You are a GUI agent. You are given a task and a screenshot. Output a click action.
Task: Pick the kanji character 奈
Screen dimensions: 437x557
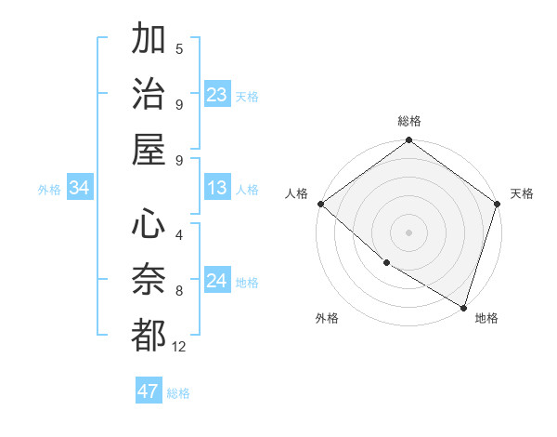click(x=149, y=278)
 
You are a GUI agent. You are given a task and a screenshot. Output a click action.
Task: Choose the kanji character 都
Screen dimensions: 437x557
click(x=149, y=334)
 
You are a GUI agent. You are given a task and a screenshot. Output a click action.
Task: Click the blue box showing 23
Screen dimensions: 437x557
click(x=217, y=95)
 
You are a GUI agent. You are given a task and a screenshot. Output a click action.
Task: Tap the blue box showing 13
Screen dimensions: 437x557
click(x=217, y=189)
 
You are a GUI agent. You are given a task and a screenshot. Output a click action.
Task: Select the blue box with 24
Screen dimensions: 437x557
click(x=217, y=281)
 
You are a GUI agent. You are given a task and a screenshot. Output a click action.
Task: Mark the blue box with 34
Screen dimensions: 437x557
click(x=80, y=189)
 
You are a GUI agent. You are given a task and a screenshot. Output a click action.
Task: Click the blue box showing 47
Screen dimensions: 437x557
click(x=149, y=391)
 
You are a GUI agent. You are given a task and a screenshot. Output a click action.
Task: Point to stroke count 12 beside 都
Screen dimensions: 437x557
click(x=179, y=347)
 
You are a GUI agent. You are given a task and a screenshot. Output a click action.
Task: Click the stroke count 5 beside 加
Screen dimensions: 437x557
click(x=179, y=48)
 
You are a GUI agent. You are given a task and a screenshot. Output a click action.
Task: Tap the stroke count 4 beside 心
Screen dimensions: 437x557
click(x=179, y=234)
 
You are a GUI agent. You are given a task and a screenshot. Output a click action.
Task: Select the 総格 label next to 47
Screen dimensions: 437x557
click(x=178, y=393)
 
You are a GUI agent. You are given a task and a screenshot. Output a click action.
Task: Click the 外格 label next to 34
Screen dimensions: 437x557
click(x=49, y=190)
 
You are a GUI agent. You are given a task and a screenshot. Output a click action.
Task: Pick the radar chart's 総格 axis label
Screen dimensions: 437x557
click(x=409, y=121)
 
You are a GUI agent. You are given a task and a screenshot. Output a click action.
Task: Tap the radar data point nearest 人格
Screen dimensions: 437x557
click(x=320, y=204)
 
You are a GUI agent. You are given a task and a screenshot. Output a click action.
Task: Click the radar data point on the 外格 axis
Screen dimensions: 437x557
click(x=385, y=263)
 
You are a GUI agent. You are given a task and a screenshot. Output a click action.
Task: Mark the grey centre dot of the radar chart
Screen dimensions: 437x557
click(x=409, y=232)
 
